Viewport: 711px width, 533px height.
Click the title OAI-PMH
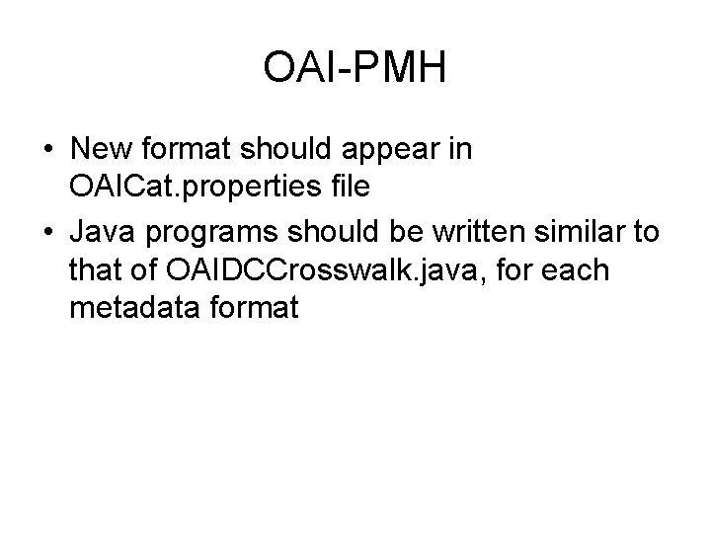pos(355,69)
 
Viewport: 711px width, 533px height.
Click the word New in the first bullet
pos(103,150)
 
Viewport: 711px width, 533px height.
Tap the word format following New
pos(186,150)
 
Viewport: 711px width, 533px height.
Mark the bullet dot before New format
pos(47,151)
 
